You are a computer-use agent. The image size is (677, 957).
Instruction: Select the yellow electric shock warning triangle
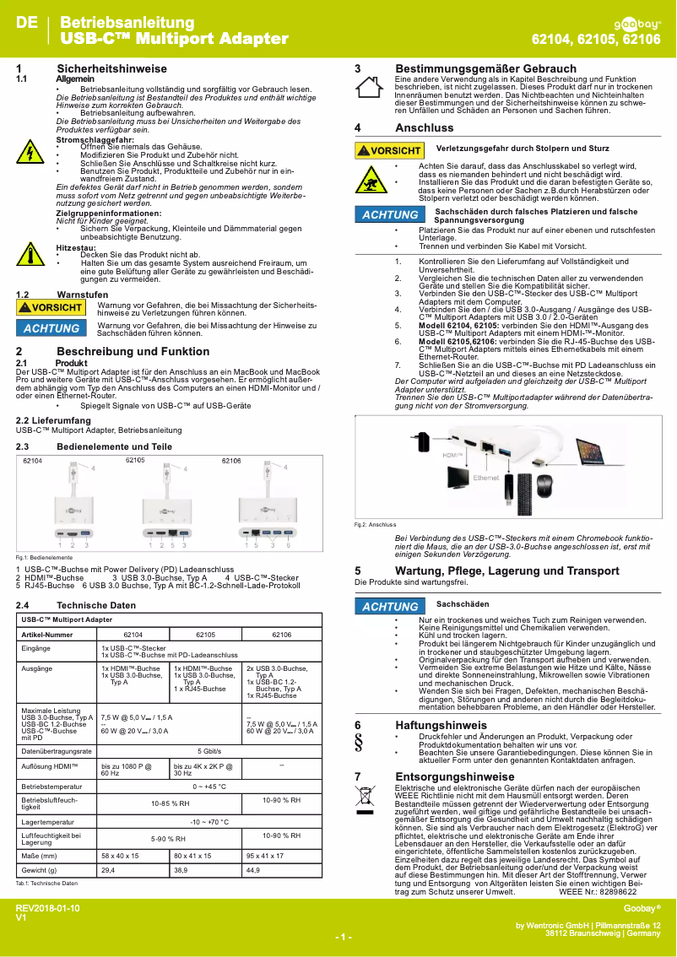(29, 153)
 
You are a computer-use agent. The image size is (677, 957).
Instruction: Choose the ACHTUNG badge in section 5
(389, 606)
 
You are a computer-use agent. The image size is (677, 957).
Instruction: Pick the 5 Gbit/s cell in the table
(209, 727)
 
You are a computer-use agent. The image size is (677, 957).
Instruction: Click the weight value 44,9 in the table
(252, 869)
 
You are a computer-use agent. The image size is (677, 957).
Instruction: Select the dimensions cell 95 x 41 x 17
(264, 855)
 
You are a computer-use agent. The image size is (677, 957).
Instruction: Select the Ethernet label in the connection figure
(487, 478)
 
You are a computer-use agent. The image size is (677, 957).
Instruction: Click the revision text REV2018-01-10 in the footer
(48, 907)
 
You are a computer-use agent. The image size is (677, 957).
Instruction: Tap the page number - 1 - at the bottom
(343, 938)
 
